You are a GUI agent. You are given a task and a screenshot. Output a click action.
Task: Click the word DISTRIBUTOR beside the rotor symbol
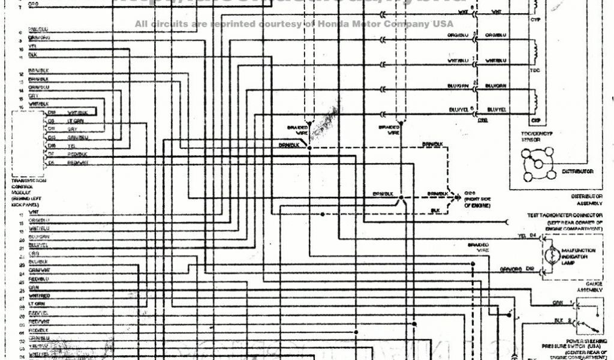pos(577,172)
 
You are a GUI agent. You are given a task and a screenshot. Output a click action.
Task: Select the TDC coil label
pos(535,70)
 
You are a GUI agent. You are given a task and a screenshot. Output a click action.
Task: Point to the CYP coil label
pos(535,20)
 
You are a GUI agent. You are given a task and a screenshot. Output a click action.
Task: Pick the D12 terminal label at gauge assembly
pos(529,269)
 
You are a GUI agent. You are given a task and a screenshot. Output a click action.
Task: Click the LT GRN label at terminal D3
pos(75,121)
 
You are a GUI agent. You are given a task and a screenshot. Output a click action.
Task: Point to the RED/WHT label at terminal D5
pos(77,163)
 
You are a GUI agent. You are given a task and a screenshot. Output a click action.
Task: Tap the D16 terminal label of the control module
pos(52,146)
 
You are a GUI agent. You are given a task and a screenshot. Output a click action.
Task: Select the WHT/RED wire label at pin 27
pos(39,296)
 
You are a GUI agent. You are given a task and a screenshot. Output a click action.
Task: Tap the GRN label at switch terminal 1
pos(558,302)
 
